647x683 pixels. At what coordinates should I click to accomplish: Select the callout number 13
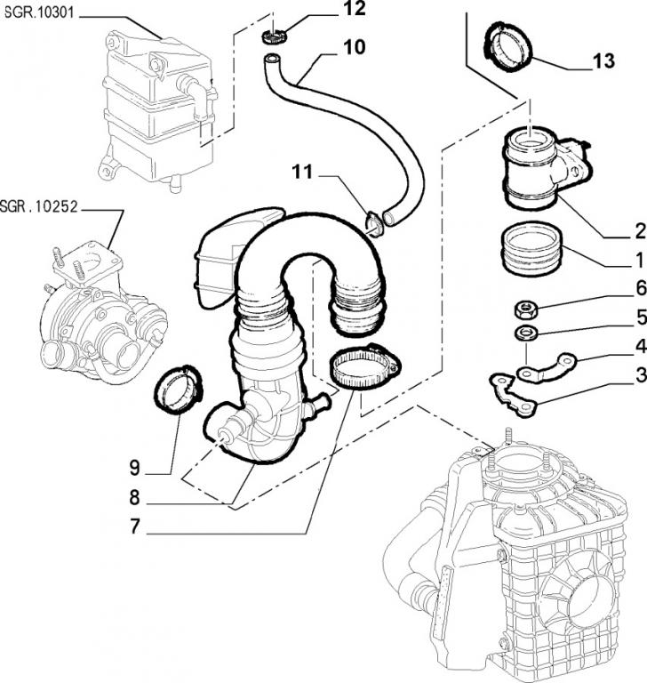click(x=603, y=61)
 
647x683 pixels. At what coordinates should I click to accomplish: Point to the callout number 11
click(x=304, y=173)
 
